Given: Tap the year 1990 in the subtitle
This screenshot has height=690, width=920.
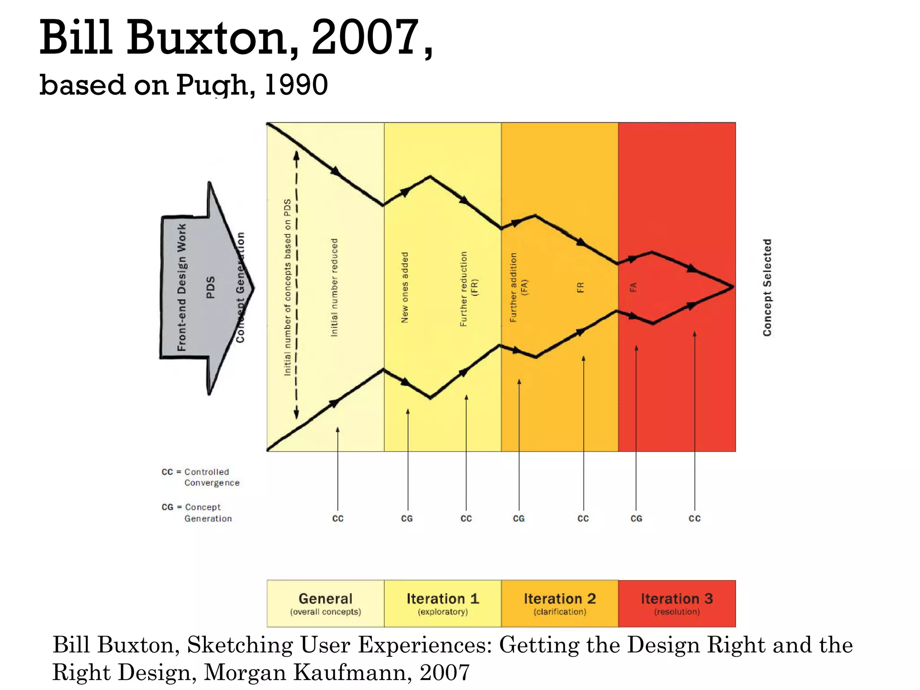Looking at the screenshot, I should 296,85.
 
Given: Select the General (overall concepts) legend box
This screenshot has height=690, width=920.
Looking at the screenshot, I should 325,603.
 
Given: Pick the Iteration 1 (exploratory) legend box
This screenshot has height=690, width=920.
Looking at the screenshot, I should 442,603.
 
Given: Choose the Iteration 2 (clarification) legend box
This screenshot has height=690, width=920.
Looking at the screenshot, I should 560,603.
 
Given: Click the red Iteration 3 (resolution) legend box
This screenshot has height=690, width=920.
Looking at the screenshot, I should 677,603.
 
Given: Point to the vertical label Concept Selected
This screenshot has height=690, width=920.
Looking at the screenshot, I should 767,287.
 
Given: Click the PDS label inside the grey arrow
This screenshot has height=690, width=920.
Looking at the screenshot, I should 210,287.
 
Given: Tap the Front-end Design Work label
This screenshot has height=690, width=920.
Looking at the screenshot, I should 181,287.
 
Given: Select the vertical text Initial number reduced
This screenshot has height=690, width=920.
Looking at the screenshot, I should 334,287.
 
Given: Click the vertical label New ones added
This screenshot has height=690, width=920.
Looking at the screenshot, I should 405,287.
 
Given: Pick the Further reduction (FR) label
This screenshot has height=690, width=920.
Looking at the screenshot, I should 469,288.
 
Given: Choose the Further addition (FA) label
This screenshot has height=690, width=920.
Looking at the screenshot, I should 518,287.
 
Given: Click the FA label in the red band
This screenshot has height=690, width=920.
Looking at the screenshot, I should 633,287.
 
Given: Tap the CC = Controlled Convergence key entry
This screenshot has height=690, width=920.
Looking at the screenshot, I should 201,477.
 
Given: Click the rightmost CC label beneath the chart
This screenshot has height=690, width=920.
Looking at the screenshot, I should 694,518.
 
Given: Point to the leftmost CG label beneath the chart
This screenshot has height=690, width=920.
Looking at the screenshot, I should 407,518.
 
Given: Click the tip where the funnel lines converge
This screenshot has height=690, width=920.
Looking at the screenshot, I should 733,287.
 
